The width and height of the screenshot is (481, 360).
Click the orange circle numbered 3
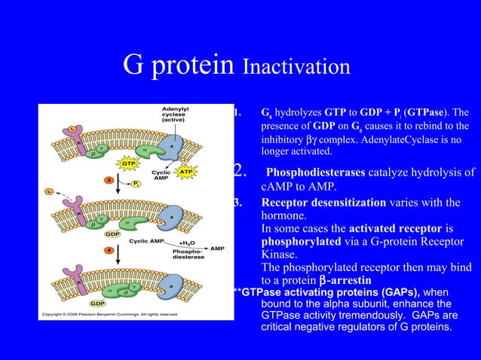[109, 180]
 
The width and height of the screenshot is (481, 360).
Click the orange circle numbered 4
[109, 249]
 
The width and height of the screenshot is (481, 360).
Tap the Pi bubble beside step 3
[135, 183]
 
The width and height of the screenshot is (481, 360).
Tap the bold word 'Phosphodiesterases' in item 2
[316, 172]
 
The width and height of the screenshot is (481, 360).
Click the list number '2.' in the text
[241, 172]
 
